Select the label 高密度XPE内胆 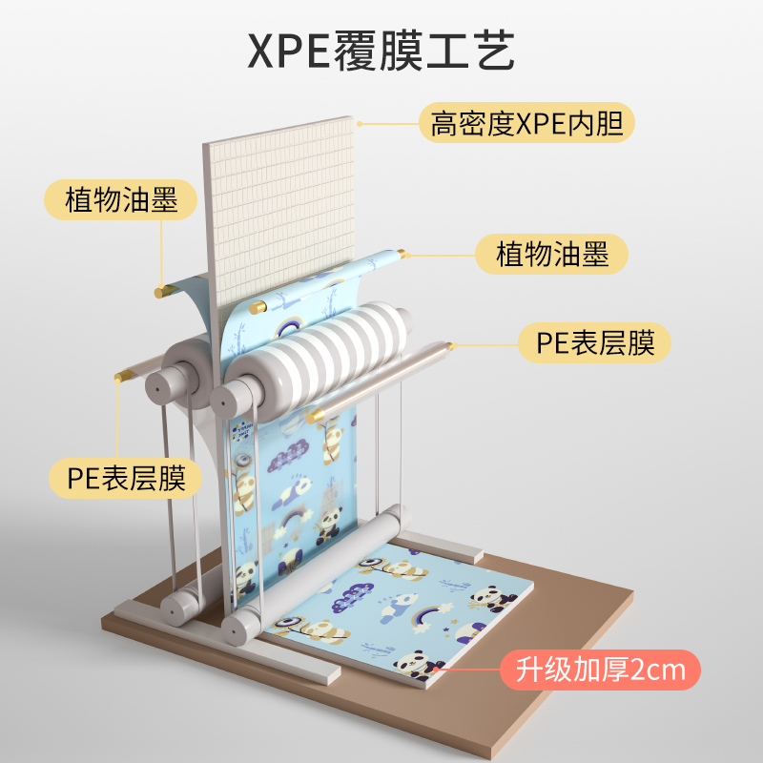pyautogui.click(x=526, y=123)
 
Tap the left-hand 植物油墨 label pyautogui.click(x=121, y=200)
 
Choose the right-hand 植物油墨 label pyautogui.click(x=552, y=255)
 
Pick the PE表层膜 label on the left pyautogui.click(x=126, y=478)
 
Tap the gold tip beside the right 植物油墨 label pyautogui.click(x=402, y=254)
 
